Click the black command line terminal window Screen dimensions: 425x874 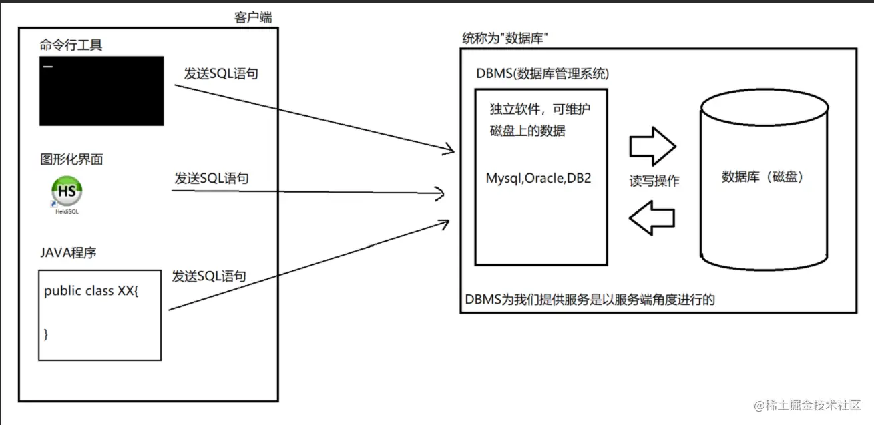101,91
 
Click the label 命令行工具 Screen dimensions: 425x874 71,45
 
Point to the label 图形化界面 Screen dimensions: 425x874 71,159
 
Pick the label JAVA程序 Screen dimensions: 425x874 69,253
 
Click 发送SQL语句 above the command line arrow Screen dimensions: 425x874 221,73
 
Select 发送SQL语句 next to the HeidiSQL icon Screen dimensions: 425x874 212,178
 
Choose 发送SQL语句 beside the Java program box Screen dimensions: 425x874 209,276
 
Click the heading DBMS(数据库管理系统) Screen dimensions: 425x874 543,73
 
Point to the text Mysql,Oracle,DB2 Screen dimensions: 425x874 538,179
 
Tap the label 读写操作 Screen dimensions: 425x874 654,181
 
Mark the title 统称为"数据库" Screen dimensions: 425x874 505,38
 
